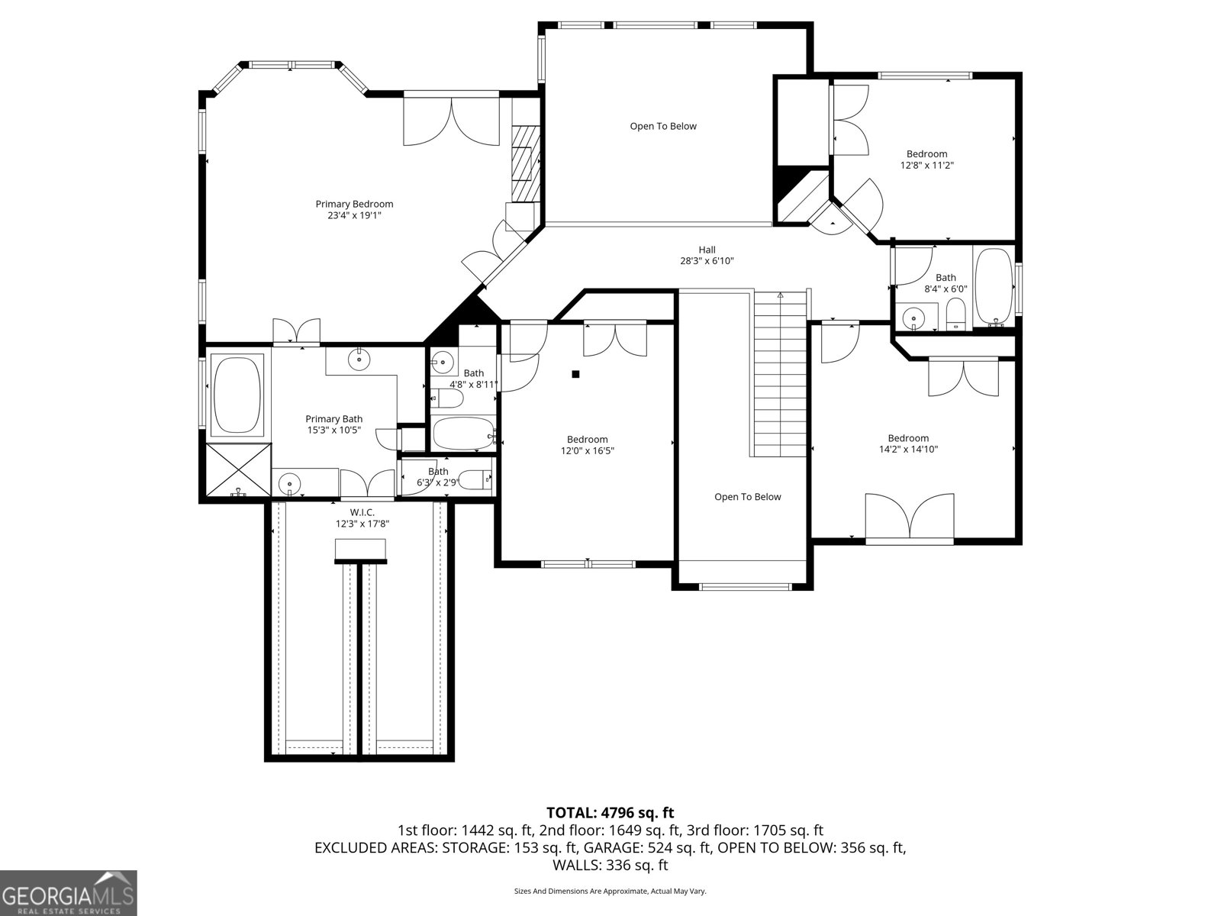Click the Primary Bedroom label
point(354,204)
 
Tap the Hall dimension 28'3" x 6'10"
point(707,261)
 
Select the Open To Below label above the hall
point(662,126)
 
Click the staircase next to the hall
point(780,374)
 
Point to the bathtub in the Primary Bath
point(237,395)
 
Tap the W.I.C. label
point(362,512)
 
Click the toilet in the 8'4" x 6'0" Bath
point(955,314)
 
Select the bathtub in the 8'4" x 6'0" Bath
point(994,286)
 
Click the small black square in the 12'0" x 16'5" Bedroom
point(576,374)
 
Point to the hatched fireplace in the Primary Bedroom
point(524,163)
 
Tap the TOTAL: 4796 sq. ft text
point(610,813)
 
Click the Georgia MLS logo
point(69,893)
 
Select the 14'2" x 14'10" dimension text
point(907,450)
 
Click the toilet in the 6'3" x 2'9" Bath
point(480,479)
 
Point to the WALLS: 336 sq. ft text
point(610,865)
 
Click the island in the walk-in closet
point(360,550)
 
